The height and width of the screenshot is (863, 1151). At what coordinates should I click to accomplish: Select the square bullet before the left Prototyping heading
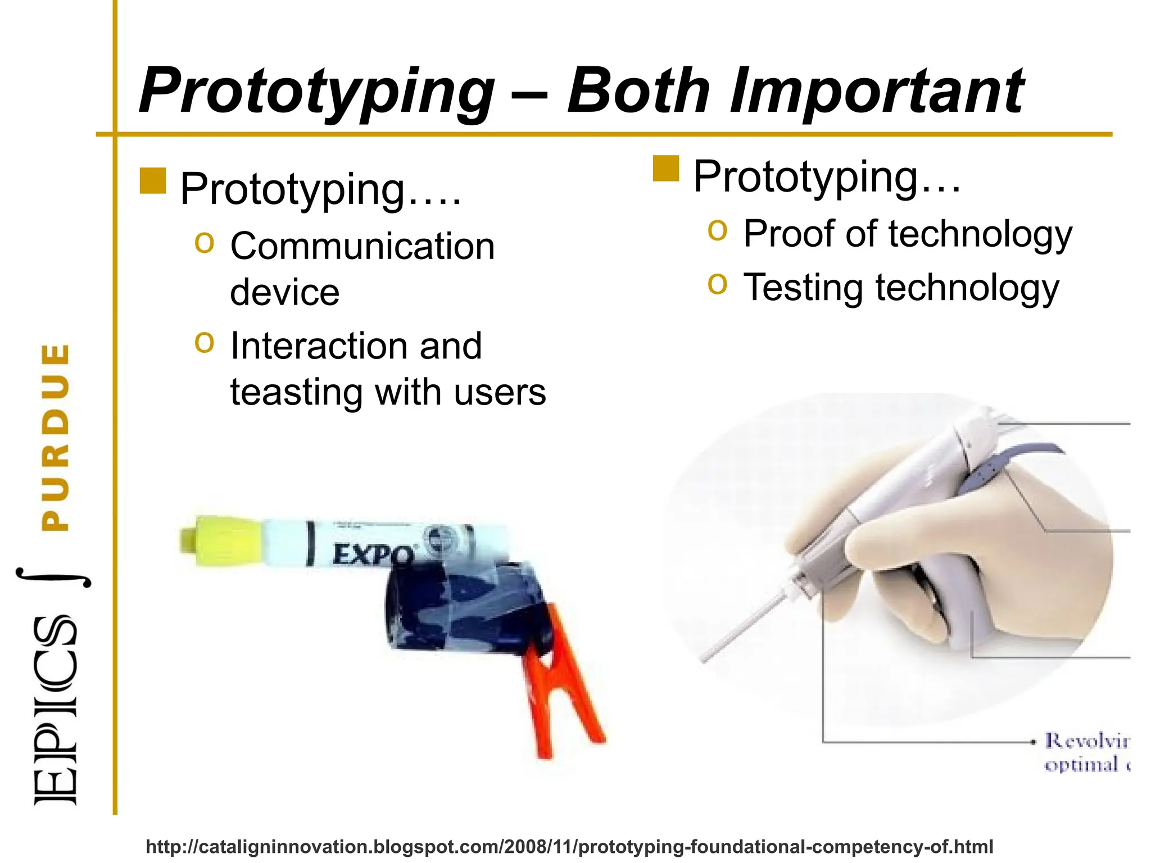[x=152, y=181]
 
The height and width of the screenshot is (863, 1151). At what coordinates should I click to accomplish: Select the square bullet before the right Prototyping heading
[x=666, y=169]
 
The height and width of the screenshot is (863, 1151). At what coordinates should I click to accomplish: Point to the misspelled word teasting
[x=296, y=392]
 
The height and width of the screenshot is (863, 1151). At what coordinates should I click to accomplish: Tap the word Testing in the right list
[x=804, y=288]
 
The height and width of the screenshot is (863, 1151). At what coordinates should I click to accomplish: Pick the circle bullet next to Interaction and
[x=205, y=342]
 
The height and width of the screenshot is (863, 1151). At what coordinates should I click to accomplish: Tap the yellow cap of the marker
[x=219, y=540]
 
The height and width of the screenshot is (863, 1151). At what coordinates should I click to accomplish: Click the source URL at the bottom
[x=569, y=846]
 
